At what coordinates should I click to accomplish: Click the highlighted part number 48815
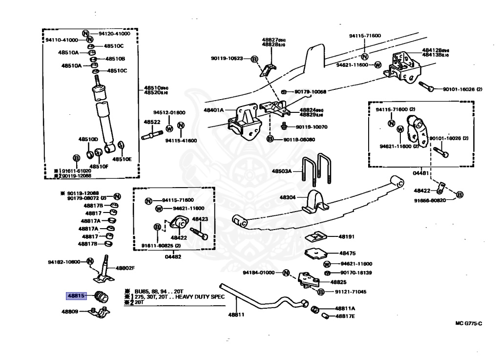[x=76, y=296]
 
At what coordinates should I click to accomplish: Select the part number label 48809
[x=71, y=311]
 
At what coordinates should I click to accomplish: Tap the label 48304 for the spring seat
[x=289, y=197]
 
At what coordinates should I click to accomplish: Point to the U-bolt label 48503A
[x=282, y=171]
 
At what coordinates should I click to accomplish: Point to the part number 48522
[x=152, y=122]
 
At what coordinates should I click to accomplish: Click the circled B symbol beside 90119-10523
[x=254, y=59]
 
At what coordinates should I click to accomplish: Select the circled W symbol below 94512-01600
[x=169, y=129]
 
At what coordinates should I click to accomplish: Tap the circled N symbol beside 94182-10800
[x=90, y=261]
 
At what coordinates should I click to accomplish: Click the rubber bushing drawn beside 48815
[x=102, y=296]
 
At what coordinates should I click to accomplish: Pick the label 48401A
[x=214, y=110]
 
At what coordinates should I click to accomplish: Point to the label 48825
[x=338, y=282]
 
